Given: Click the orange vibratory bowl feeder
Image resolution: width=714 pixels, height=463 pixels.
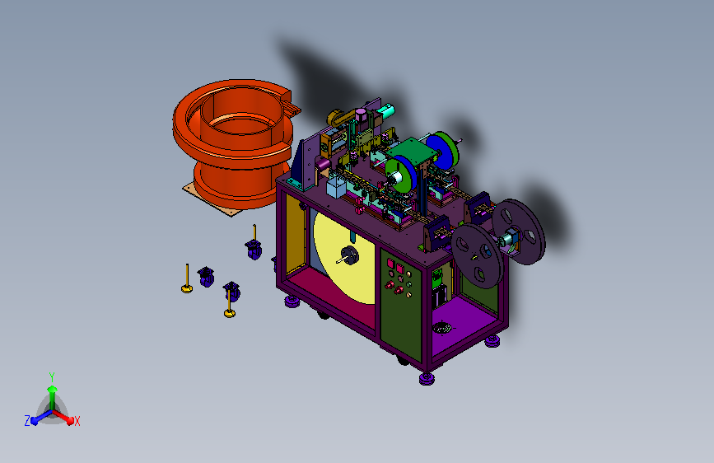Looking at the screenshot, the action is [x=232, y=141].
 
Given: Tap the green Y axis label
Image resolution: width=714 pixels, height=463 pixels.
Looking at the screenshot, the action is [x=52, y=376].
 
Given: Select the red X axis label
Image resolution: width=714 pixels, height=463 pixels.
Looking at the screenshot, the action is [x=77, y=421].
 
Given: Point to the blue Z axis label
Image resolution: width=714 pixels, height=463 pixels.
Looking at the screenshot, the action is [x=27, y=421].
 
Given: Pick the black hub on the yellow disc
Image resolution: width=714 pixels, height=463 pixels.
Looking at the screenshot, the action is [x=350, y=255].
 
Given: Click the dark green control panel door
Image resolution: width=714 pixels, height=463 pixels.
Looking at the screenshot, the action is [x=401, y=303].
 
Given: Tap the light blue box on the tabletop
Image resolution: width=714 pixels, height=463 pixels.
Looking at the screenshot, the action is [x=337, y=187].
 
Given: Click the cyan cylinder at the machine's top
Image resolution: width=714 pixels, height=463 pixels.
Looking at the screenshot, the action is [x=385, y=111].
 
